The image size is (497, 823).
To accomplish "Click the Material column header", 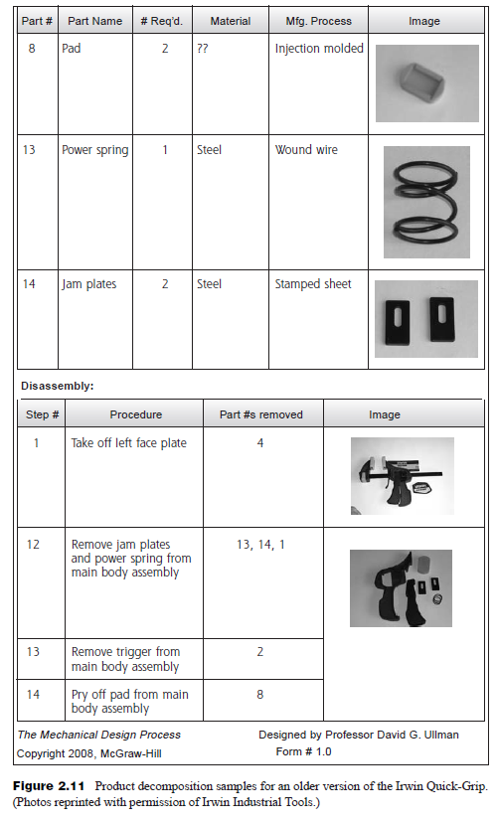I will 230,21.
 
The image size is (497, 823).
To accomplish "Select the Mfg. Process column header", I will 318,21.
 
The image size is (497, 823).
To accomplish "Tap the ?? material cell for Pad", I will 203,49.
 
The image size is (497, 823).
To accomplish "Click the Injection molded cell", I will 319,49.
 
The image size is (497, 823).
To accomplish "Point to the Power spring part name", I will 94,150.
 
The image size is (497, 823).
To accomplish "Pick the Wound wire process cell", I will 306,150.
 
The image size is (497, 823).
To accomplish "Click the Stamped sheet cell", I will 313,284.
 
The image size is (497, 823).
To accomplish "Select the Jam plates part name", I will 88,284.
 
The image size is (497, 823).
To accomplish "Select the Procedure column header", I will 136,414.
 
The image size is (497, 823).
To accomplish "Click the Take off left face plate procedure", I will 128,443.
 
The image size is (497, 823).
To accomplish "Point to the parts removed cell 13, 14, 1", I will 260,545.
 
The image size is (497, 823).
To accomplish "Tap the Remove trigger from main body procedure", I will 125,659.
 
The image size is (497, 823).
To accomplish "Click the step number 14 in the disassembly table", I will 34,694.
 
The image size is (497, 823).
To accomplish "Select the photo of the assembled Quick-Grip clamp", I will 402,475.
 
